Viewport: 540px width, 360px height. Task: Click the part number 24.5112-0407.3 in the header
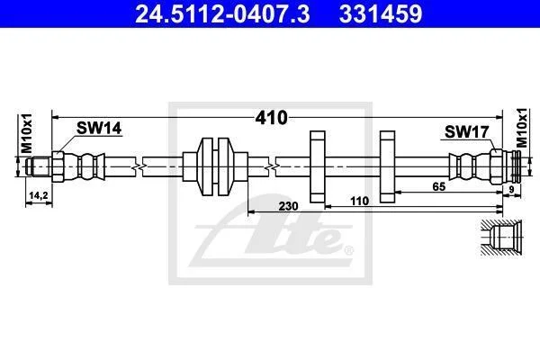[x=222, y=13]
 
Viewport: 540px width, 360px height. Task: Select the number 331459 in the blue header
[x=381, y=13]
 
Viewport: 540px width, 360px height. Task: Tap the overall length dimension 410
[x=271, y=118]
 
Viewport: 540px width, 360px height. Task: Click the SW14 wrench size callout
[x=99, y=128]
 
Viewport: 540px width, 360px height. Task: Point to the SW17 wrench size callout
[x=466, y=132]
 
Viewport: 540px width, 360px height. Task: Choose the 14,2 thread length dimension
[x=39, y=195]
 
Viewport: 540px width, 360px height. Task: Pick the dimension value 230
[x=288, y=206]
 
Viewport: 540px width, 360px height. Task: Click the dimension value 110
[x=359, y=201]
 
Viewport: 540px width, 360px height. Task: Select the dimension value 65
[x=439, y=186]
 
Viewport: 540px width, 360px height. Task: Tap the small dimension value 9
[x=511, y=189]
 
